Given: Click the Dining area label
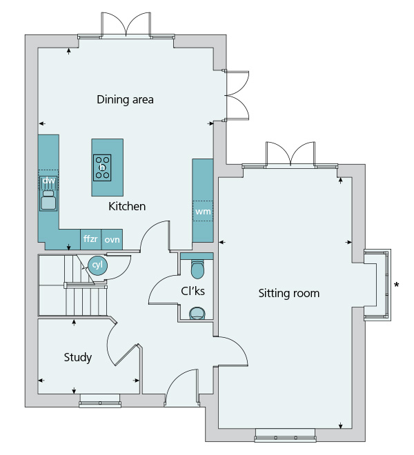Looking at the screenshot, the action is (125, 99).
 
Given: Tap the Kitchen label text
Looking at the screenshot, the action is (127, 206).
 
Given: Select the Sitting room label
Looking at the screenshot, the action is (289, 294).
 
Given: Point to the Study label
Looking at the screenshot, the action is (78, 357).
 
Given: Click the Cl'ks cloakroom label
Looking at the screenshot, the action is (193, 291).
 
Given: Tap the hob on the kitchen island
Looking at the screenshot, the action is (102, 168).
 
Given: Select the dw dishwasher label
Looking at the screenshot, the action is (48, 181).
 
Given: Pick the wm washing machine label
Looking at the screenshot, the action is (203, 211).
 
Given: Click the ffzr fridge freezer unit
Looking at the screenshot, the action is (90, 239).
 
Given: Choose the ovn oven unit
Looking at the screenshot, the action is (112, 239).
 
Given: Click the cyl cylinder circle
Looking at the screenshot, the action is (97, 265).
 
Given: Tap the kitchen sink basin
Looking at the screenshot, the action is (48, 203).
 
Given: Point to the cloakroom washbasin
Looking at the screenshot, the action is (197, 314).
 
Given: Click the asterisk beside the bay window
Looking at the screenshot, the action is (396, 285).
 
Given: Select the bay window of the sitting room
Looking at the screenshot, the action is (377, 285).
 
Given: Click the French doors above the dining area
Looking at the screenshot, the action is (126, 26).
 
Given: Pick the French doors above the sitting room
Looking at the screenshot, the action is (290, 155).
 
